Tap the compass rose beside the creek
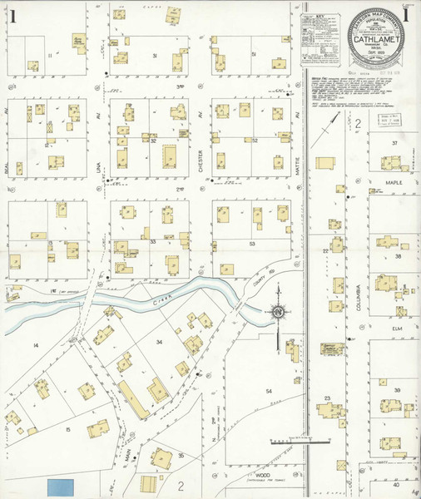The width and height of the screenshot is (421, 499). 277,312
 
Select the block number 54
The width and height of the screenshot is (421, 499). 269,390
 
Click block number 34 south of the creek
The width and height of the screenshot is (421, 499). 158,341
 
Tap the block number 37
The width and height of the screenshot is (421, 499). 396,143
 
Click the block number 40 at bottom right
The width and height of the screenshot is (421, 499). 396,484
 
